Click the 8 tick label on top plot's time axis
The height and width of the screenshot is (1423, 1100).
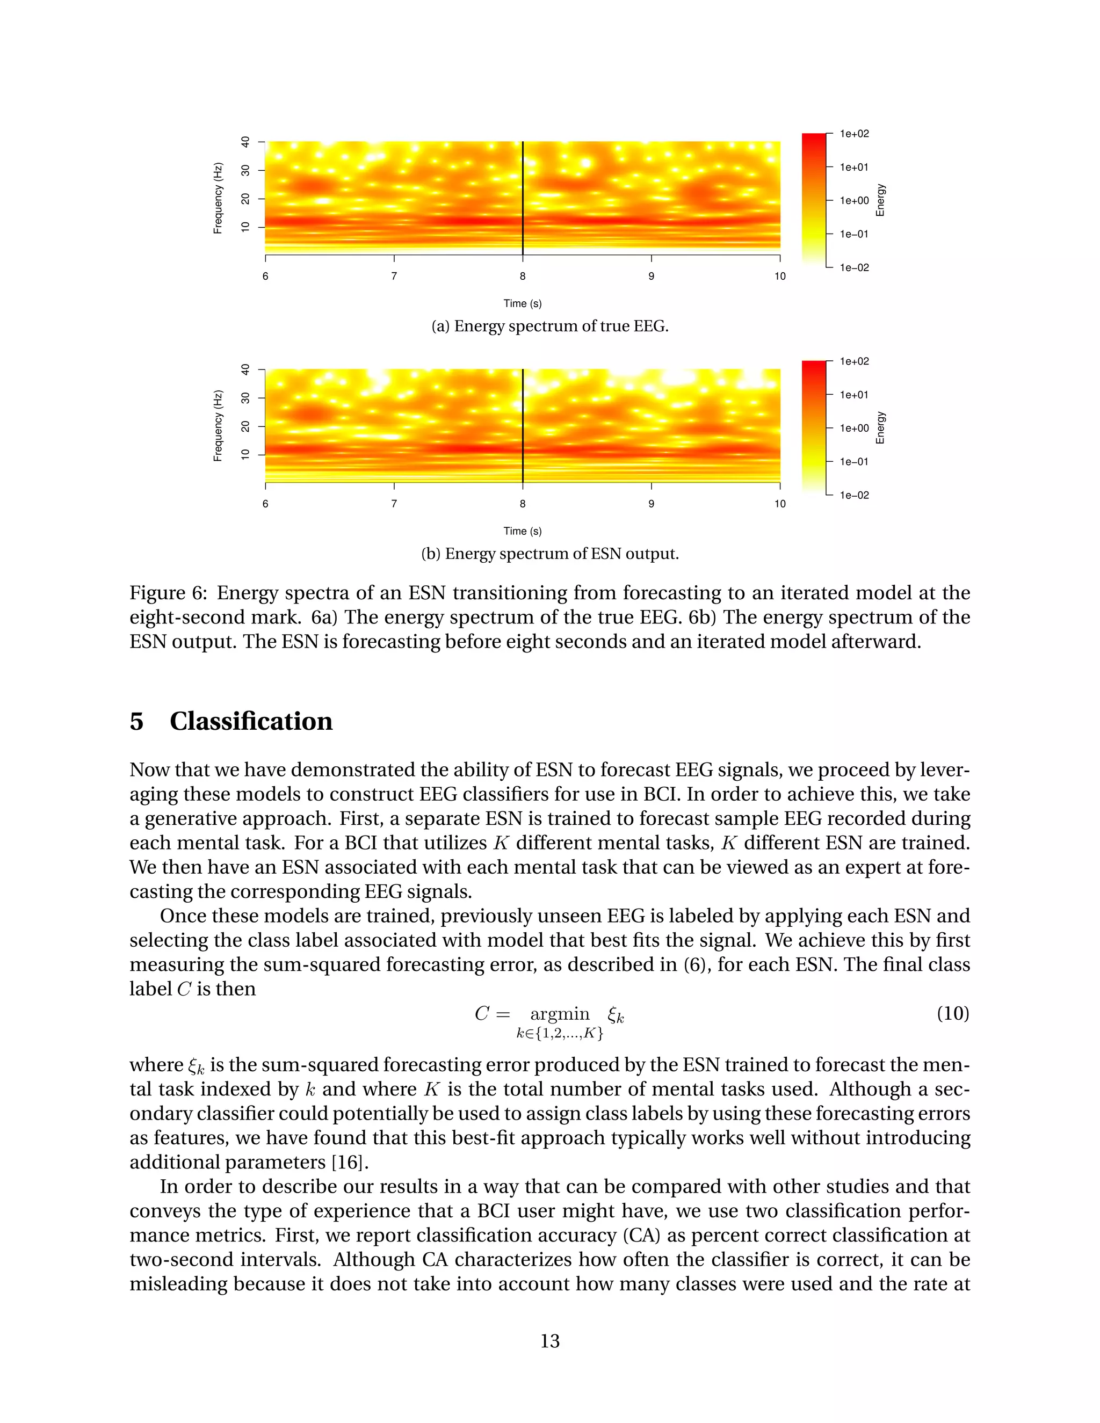(x=523, y=276)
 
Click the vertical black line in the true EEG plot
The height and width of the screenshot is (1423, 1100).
(x=523, y=195)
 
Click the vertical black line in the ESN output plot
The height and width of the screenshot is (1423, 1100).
(x=523, y=424)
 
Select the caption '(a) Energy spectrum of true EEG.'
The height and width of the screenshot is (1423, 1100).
(x=550, y=326)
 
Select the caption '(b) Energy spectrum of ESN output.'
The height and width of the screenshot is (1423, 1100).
(x=550, y=554)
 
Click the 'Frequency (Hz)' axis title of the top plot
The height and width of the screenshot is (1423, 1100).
(x=218, y=198)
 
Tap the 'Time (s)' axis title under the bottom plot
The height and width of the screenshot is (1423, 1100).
(x=523, y=531)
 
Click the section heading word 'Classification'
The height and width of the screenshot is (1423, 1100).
(x=251, y=722)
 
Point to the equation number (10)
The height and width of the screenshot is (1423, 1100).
(x=953, y=1013)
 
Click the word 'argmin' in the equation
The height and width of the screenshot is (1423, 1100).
(x=559, y=1014)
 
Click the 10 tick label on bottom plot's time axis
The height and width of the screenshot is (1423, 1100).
(x=779, y=504)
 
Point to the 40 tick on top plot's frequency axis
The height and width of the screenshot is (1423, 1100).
(x=245, y=141)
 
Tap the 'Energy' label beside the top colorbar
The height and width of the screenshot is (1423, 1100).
(x=880, y=200)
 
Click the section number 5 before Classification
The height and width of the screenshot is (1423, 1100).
(x=136, y=722)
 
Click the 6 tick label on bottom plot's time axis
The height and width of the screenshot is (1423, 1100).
(x=265, y=504)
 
